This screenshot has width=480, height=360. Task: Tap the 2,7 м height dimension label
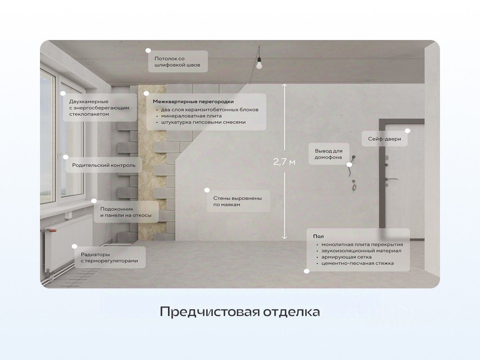[x=284, y=162]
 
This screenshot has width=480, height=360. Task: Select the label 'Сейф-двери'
[x=384, y=140]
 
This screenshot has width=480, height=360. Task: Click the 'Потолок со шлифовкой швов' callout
[x=178, y=62]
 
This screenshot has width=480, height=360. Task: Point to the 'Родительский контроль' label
[x=104, y=165]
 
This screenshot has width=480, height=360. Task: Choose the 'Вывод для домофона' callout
[x=328, y=154]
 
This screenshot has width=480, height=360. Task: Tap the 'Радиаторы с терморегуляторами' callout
[x=109, y=258]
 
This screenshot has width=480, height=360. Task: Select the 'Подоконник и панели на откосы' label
[x=126, y=212]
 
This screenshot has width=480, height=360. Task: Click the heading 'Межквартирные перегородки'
[x=193, y=102]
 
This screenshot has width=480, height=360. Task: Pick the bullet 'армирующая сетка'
[x=343, y=257]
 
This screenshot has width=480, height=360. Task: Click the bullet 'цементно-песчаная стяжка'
[x=360, y=263]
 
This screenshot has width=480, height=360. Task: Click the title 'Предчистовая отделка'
[x=240, y=312]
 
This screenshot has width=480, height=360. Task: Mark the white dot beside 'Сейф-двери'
[x=407, y=131]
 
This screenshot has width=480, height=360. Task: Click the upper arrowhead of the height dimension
[x=284, y=85]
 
